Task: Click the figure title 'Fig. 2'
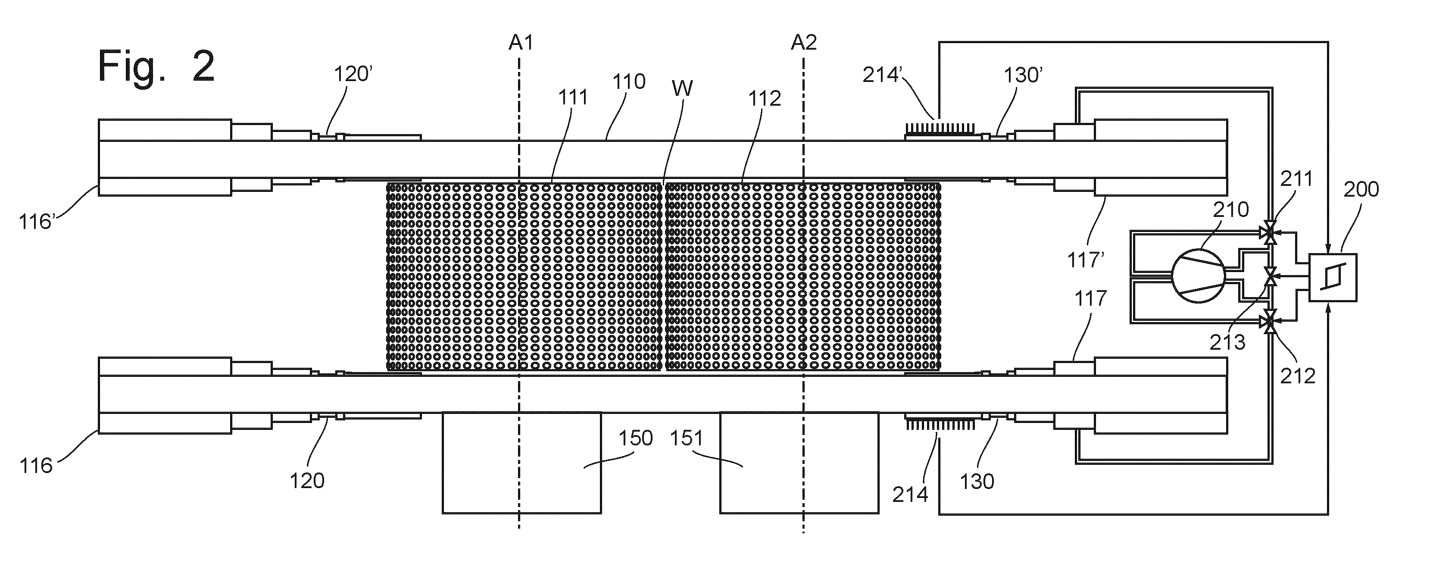click(x=156, y=66)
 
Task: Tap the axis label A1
click(x=521, y=42)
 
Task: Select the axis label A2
click(x=804, y=42)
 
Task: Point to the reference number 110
click(x=629, y=81)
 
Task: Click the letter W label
click(x=682, y=88)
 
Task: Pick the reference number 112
click(x=765, y=99)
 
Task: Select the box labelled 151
click(x=799, y=462)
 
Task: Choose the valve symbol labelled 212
click(x=1269, y=321)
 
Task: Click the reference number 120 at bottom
click(x=307, y=480)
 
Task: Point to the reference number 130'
click(x=1023, y=75)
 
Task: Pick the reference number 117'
click(x=1086, y=260)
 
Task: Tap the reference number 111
click(x=572, y=98)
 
